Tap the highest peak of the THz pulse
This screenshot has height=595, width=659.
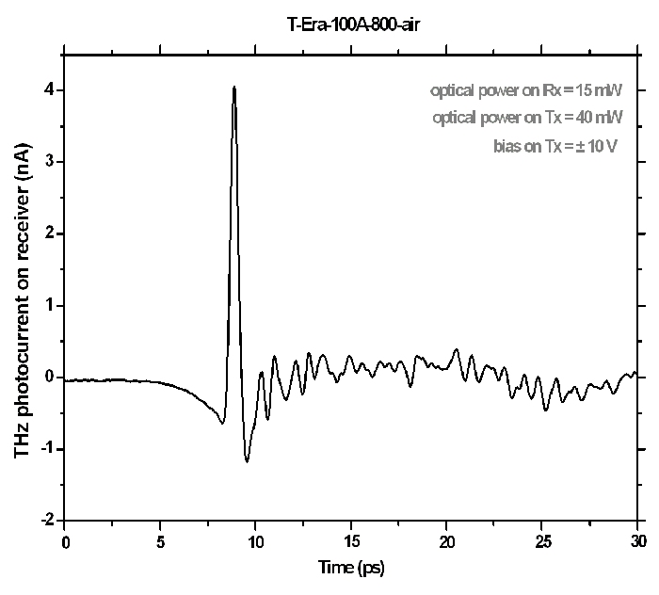point(233,88)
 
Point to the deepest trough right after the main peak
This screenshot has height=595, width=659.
point(247,461)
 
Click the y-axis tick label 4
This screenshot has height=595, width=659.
point(48,90)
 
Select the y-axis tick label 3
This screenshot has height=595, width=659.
point(48,162)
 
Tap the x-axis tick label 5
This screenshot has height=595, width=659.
point(160,542)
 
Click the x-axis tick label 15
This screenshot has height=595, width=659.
point(352,542)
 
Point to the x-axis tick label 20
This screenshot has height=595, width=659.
point(447,542)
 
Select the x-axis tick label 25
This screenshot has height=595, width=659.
point(543,542)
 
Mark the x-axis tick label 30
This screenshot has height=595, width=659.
point(638,542)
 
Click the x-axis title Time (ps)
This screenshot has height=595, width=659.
point(351,567)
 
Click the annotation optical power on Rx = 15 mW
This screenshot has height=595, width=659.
point(526,91)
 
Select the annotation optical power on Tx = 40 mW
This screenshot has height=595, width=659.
point(527,119)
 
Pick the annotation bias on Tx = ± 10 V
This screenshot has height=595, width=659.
point(555,146)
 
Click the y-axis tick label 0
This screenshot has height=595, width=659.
point(48,378)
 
